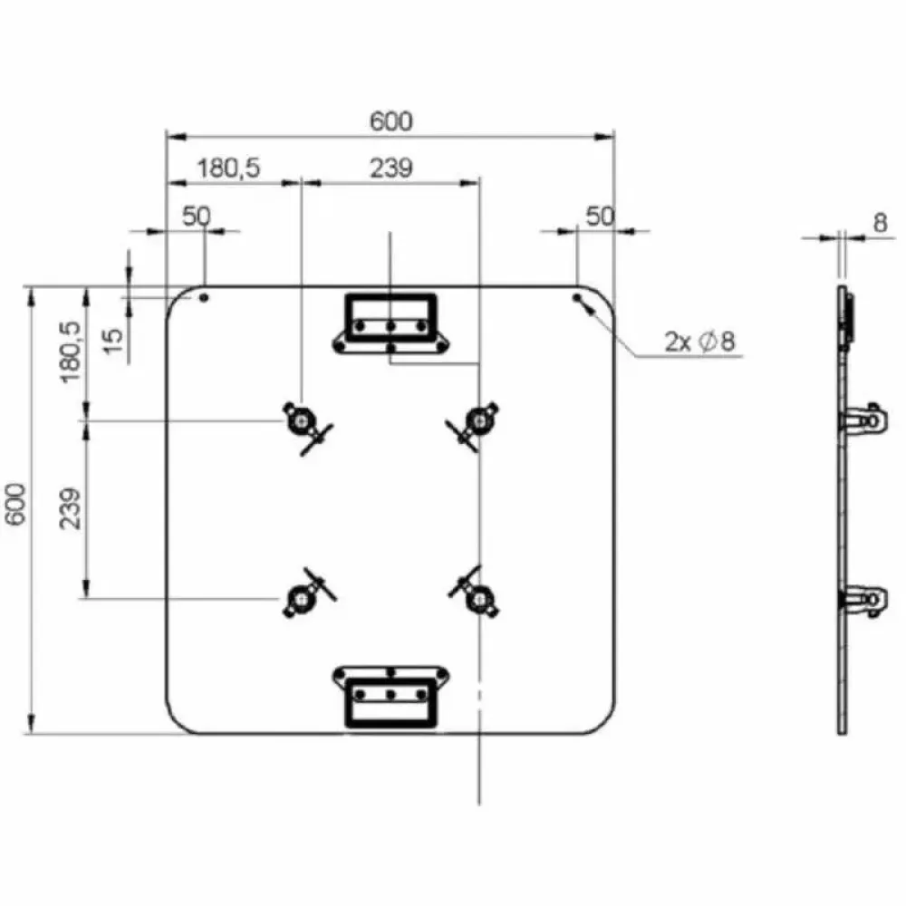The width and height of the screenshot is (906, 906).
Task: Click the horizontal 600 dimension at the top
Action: click(x=391, y=121)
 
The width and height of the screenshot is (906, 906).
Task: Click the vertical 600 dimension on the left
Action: click(x=15, y=504)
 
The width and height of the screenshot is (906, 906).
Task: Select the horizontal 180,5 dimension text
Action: click(x=229, y=169)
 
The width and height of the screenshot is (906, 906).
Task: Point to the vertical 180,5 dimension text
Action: click(x=70, y=352)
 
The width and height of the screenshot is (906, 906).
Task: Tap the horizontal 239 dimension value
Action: click(x=391, y=169)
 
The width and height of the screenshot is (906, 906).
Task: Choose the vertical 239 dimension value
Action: click(x=71, y=509)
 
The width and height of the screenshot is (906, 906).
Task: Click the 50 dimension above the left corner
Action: click(x=197, y=217)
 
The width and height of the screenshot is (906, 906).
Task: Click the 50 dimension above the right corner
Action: click(x=600, y=217)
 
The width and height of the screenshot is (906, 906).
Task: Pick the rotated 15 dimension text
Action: click(x=113, y=341)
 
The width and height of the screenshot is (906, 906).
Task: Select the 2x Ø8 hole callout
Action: click(x=699, y=342)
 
